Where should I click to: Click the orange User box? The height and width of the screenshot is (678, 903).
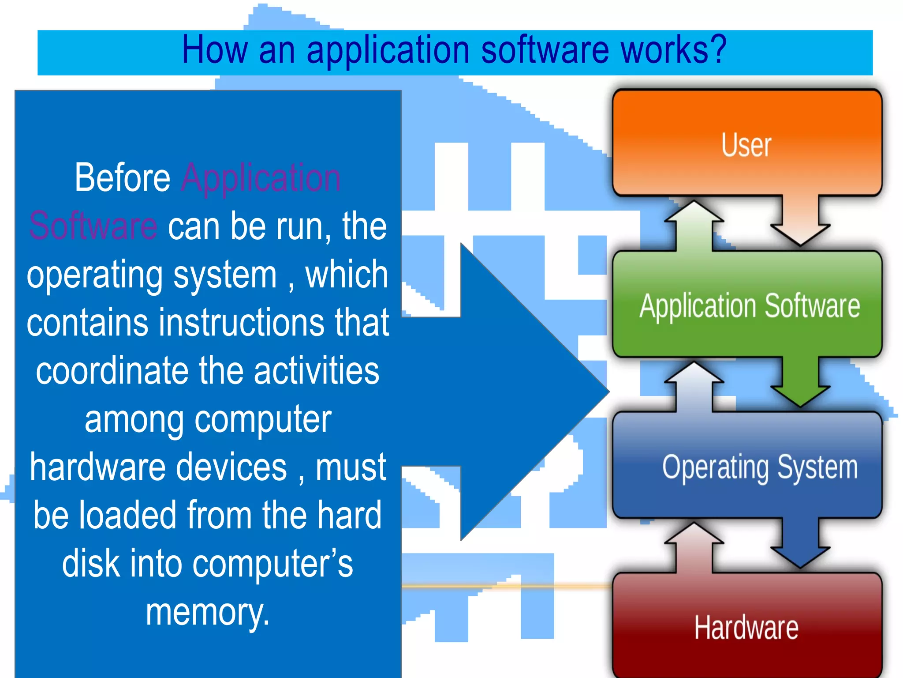tap(747, 143)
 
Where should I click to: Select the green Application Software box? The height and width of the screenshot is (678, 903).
tap(747, 305)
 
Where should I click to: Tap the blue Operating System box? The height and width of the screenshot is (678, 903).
tap(747, 466)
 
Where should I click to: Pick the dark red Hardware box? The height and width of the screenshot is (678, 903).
tap(747, 627)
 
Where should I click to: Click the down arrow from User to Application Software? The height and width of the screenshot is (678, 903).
tap(800, 221)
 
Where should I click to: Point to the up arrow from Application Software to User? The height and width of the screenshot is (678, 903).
tap(694, 225)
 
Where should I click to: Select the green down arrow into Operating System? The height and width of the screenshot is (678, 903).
tap(800, 382)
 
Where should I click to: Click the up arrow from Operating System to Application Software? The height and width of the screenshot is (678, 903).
tap(694, 386)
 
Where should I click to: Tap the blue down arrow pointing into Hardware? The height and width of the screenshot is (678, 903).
tap(800, 543)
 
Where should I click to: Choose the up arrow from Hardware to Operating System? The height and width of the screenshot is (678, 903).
tap(694, 547)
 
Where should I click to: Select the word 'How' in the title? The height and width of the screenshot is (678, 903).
tap(214, 50)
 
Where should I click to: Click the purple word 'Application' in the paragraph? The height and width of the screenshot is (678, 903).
tap(261, 178)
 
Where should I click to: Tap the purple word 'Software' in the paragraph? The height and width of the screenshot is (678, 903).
tap(93, 226)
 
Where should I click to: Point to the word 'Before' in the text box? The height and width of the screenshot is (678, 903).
tap(123, 178)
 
